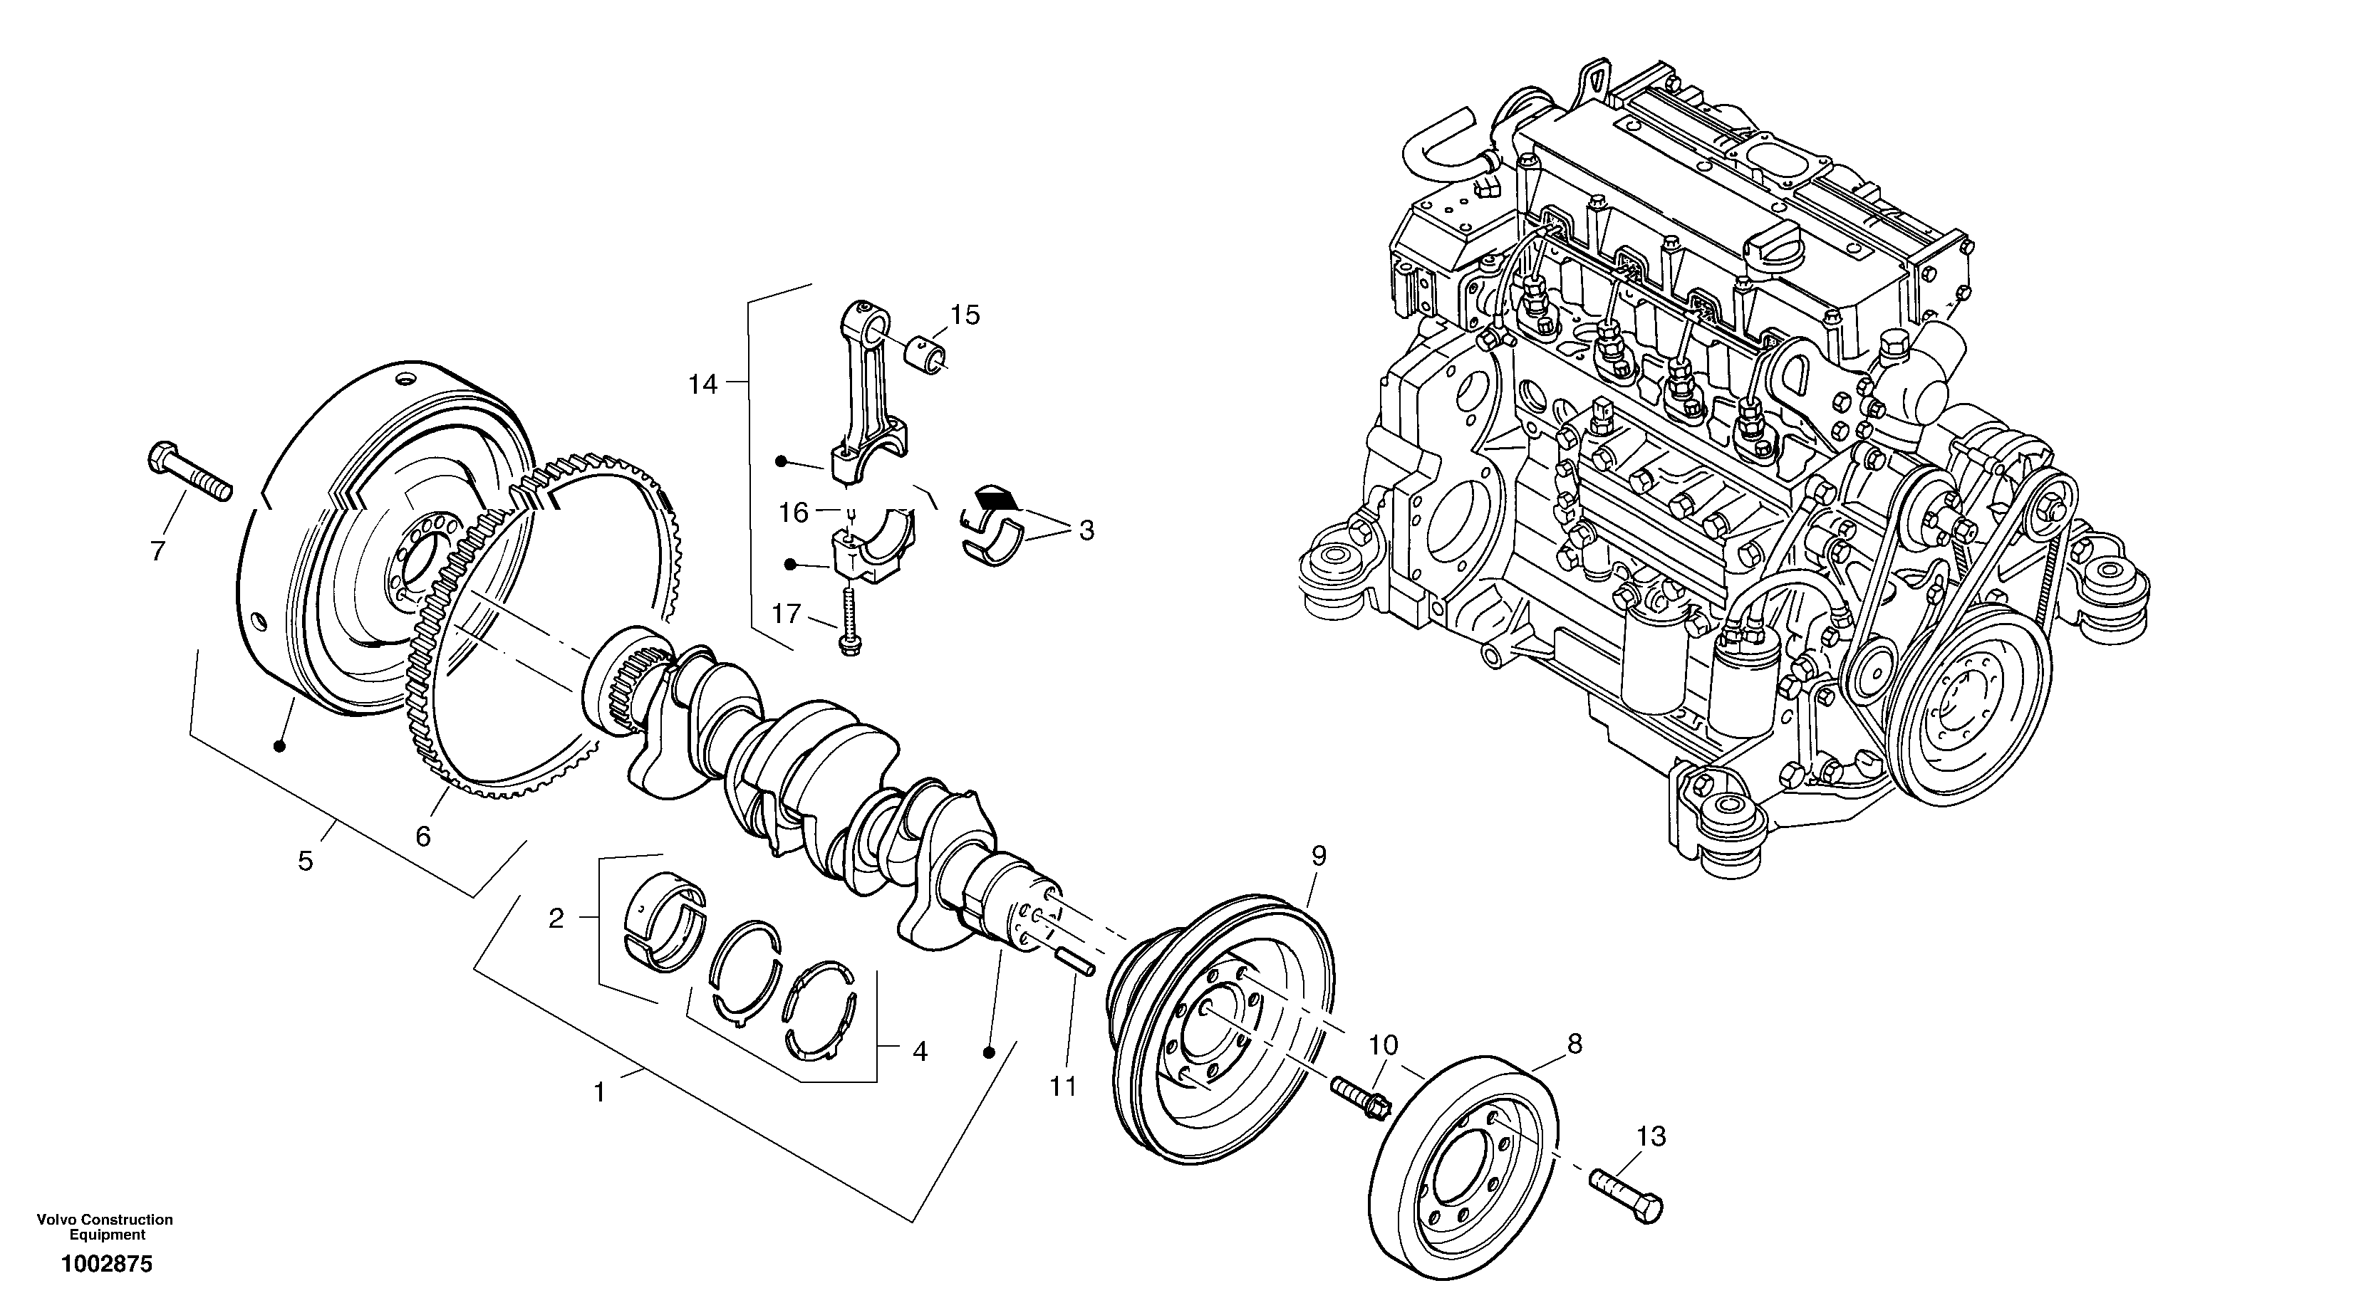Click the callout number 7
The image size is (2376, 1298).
(x=157, y=551)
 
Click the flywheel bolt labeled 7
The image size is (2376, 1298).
(x=188, y=472)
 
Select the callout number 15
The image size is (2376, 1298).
(x=965, y=315)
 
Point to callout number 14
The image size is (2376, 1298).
(x=703, y=384)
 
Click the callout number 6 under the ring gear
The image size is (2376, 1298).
(x=422, y=836)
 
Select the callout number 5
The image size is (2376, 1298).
(x=306, y=861)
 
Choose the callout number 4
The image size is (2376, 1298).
(x=920, y=1051)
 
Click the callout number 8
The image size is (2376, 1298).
(x=1575, y=1044)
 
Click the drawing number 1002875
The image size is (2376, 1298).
(x=106, y=1265)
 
